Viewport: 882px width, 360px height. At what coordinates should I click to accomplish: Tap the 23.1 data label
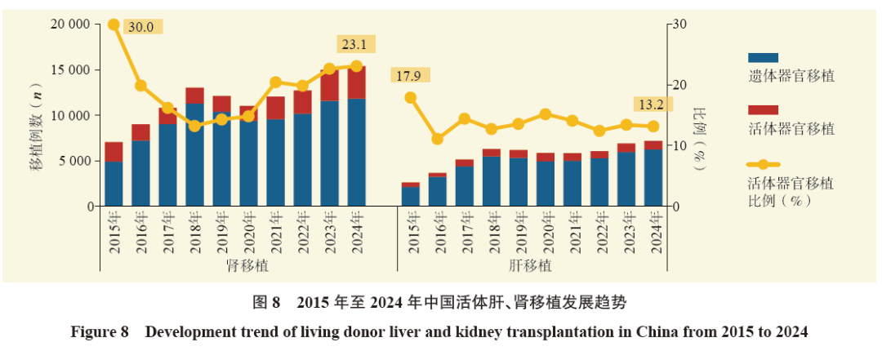coord(355,44)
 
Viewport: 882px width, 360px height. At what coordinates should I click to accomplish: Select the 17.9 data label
coord(411,75)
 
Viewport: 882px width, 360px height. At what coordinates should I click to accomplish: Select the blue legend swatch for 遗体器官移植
coord(763,57)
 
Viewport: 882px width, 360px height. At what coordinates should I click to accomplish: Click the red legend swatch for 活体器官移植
coord(763,109)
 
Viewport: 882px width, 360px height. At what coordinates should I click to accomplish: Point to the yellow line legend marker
coord(763,165)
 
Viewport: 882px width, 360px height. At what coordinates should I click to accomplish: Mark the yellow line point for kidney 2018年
coord(194,126)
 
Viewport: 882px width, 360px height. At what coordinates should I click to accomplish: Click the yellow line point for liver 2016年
coord(438,139)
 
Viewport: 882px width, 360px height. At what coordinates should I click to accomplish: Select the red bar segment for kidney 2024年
coord(357,82)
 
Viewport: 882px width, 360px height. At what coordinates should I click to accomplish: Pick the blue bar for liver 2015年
coord(411,196)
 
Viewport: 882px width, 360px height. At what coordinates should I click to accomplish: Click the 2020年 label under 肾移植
coord(249,232)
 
